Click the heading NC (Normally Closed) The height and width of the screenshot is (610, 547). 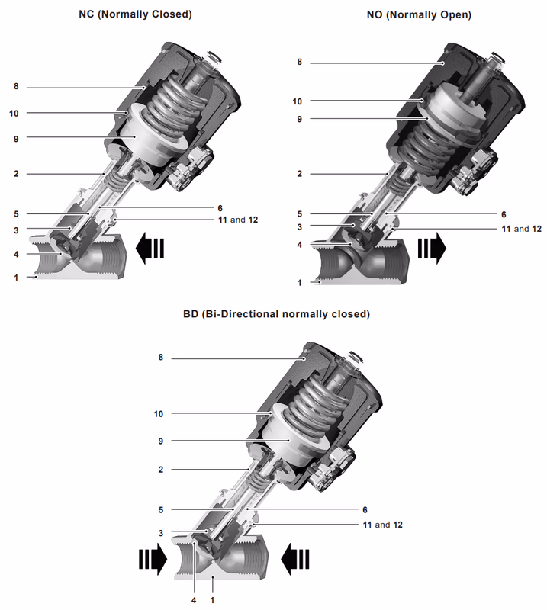tap(135, 14)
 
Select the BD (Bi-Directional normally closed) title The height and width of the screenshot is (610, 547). tap(276, 313)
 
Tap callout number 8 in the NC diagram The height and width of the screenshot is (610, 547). tap(15, 87)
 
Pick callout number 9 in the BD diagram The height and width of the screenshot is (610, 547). tap(161, 441)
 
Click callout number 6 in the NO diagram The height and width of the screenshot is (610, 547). tap(504, 215)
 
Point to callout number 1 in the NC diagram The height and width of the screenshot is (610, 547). tap(15, 278)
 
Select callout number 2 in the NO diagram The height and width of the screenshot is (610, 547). tap(299, 174)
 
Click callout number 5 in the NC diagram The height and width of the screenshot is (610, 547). tap(15, 215)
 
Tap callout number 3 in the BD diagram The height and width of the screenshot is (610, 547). tap(161, 533)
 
